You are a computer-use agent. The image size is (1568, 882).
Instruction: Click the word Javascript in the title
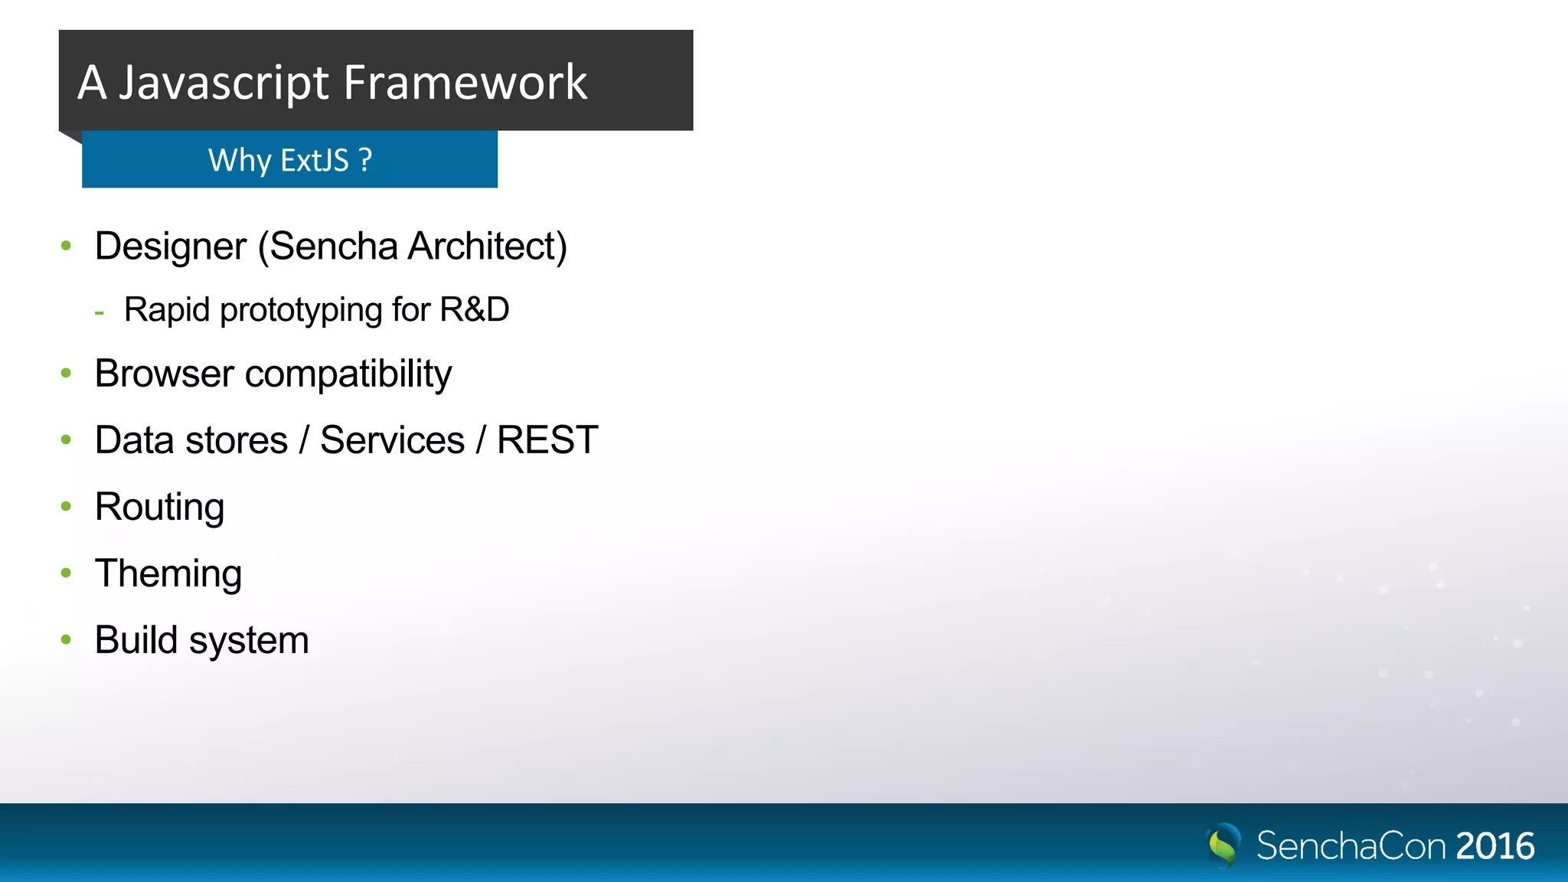224,83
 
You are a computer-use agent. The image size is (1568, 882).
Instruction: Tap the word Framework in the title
465,83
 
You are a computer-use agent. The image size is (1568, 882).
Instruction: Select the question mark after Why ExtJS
365,160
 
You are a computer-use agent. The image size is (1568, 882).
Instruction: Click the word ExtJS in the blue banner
315,160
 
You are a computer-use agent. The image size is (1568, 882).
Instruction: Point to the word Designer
171,247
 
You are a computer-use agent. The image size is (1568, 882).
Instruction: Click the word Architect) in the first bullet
487,247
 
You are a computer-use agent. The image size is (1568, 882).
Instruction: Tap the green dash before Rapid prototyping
99,312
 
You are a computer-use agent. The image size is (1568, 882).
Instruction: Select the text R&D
474,310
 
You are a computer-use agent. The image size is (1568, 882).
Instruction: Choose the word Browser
164,374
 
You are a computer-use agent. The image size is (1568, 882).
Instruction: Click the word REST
547,440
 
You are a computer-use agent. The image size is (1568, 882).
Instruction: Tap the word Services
392,440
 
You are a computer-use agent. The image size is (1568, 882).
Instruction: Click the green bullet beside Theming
66,573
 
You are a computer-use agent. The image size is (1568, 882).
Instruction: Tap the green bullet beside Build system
66,639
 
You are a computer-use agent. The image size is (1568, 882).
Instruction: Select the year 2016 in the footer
1494,846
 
